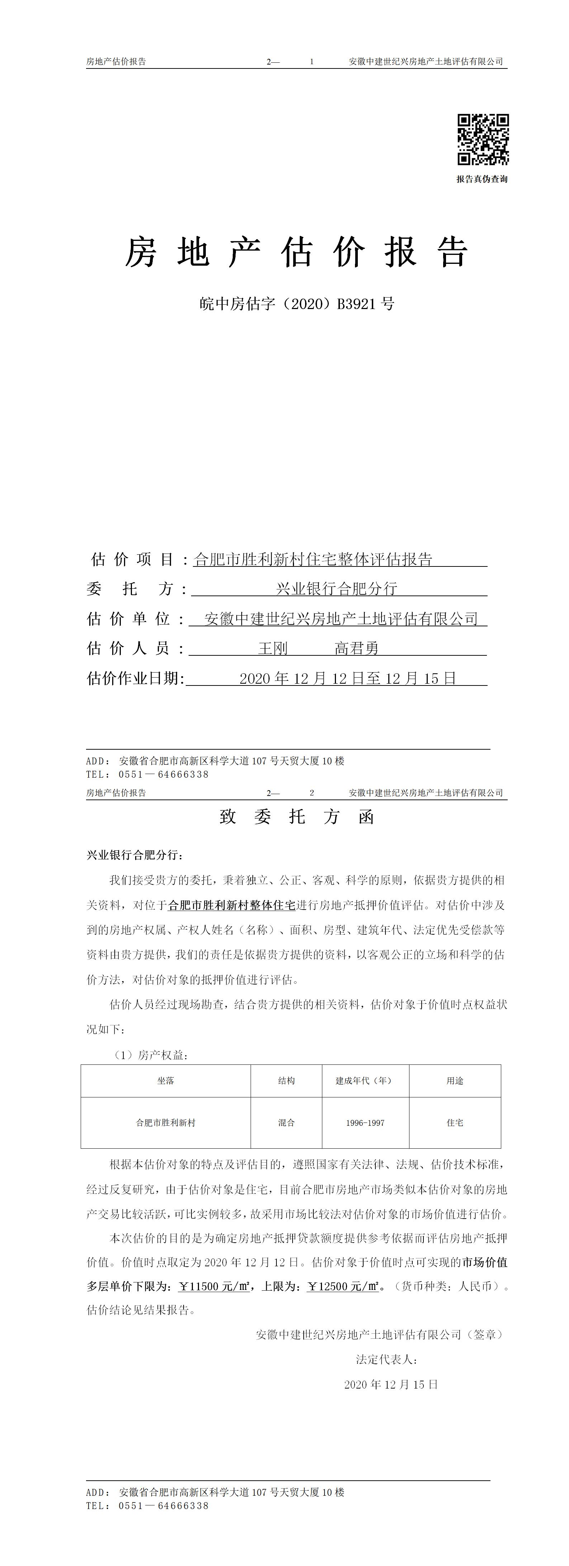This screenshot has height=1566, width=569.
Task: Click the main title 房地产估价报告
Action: point(296,252)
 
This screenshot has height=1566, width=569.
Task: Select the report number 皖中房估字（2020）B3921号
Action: point(297,303)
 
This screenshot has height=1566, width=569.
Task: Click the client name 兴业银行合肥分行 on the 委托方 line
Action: point(336,588)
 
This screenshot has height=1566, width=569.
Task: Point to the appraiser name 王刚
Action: point(272,649)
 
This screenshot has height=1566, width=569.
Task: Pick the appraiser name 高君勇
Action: point(356,649)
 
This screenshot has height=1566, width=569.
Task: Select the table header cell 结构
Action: point(286,1080)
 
